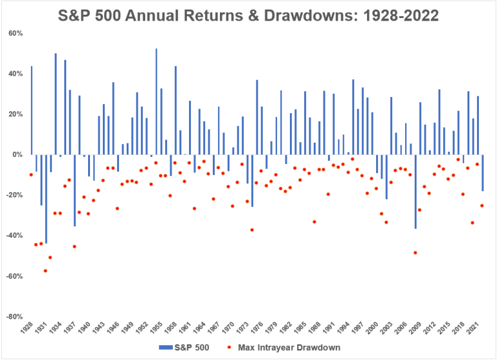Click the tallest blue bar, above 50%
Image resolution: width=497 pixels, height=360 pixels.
click(156, 102)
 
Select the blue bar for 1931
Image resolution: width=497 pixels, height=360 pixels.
click(46, 199)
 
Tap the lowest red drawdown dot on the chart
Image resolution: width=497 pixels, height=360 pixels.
click(45, 271)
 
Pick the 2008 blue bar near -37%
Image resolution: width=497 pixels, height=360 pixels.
click(415, 192)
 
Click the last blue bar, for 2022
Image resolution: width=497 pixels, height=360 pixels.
click(483, 173)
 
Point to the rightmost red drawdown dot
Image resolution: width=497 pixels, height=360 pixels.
click(482, 206)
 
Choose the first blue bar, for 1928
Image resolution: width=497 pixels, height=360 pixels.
click(32, 111)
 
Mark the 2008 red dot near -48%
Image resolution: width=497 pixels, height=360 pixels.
click(415, 253)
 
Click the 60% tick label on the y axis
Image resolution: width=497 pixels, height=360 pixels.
click(16, 33)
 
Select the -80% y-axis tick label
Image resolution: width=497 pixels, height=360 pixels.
click(15, 316)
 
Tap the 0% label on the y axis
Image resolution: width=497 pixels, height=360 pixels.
click(17, 155)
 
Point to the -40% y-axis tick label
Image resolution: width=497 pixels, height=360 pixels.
click(15, 235)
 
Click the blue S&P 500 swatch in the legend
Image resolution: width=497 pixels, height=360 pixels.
click(166, 348)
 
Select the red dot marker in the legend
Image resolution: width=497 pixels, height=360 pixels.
click(229, 348)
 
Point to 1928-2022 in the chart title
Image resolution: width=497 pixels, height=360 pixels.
click(401, 15)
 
